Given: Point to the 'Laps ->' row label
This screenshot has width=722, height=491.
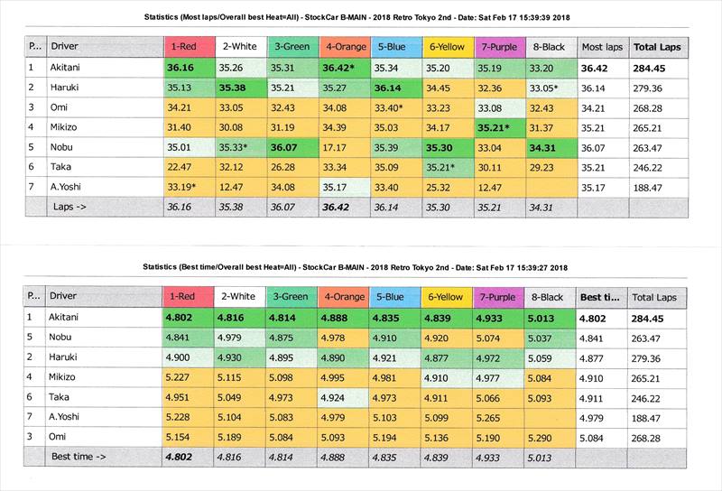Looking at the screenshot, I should click(x=72, y=207).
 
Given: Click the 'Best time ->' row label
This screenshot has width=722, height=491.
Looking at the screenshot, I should click(x=82, y=458).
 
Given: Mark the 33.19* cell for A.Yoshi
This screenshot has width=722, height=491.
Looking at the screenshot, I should click(x=183, y=187).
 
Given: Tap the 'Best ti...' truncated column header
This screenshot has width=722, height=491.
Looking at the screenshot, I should click(x=598, y=296).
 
